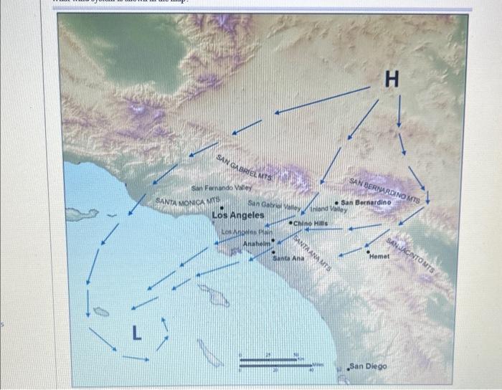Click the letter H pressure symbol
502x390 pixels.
392,78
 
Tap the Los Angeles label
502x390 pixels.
237,214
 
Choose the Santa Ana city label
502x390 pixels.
288,258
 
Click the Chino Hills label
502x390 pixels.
311,224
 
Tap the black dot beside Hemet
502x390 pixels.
369,250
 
